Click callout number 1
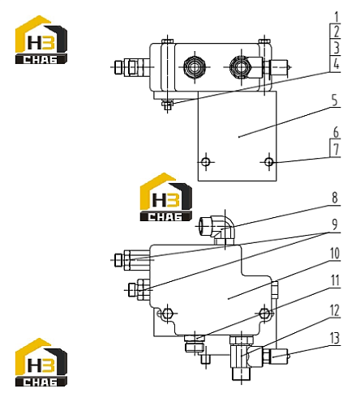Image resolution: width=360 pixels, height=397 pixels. pyautogui.click(x=336, y=17)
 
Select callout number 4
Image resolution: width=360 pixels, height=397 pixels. pyautogui.click(x=336, y=64)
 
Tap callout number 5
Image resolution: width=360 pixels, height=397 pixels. pyautogui.click(x=335, y=100)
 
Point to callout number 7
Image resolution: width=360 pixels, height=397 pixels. pyautogui.click(x=336, y=149)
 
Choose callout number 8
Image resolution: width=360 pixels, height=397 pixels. pyautogui.click(x=335, y=198)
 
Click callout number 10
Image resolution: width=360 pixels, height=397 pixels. pyautogui.click(x=335, y=254)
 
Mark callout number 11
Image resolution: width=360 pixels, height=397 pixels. pyautogui.click(x=335, y=280)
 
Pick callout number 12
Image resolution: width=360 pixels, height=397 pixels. pyautogui.click(x=335, y=310)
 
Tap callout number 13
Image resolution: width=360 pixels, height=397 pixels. pyautogui.click(x=335, y=339)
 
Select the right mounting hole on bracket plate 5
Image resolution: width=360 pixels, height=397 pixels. pyautogui.click(x=269, y=162)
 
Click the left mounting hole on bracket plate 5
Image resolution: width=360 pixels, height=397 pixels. pyautogui.click(x=206, y=162)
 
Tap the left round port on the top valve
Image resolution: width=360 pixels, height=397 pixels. pyautogui.click(x=194, y=66)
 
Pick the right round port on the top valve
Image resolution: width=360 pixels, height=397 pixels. pyautogui.click(x=240, y=66)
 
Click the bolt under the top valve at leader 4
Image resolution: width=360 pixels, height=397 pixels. pyautogui.click(x=167, y=105)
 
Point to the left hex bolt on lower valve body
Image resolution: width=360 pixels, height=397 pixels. pyautogui.click(x=168, y=314)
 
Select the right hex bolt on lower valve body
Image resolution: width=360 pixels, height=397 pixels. pyautogui.click(x=264, y=314)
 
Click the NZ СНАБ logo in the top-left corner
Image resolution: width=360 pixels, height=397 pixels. pyautogui.click(x=41, y=40)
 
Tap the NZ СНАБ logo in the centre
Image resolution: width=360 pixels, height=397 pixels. pyautogui.click(x=166, y=197)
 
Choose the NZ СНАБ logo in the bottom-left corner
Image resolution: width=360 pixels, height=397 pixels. pyautogui.click(x=41, y=362)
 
